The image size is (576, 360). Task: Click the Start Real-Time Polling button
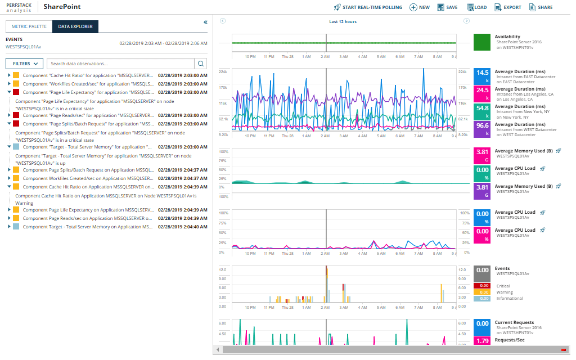pyautogui.click(x=368, y=7)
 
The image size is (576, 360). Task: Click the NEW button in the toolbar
pyautogui.click(x=420, y=7)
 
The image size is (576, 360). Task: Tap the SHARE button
pyautogui.click(x=541, y=7)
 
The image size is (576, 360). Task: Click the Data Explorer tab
pyautogui.click(x=75, y=26)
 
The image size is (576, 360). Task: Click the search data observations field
pyautogui.click(x=120, y=64)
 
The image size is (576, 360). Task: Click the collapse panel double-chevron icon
pyautogui.click(x=205, y=22)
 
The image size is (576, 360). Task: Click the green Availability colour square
pyautogui.click(x=482, y=43)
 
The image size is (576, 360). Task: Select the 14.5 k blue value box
pyautogui.click(x=482, y=75)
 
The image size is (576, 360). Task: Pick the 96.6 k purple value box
pyautogui.click(x=482, y=129)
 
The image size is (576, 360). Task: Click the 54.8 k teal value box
pyautogui.click(x=482, y=111)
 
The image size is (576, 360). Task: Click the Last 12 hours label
pyautogui.click(x=343, y=21)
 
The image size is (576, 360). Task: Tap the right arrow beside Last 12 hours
pyautogui.click(x=466, y=21)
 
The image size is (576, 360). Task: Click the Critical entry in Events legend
pyautogui.click(x=503, y=286)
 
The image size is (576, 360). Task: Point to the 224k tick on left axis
pyautogui.click(x=223, y=72)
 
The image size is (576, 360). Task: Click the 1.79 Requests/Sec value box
pyautogui.click(x=482, y=340)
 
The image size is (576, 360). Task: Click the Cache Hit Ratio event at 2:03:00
pyautogui.click(x=84, y=75)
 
